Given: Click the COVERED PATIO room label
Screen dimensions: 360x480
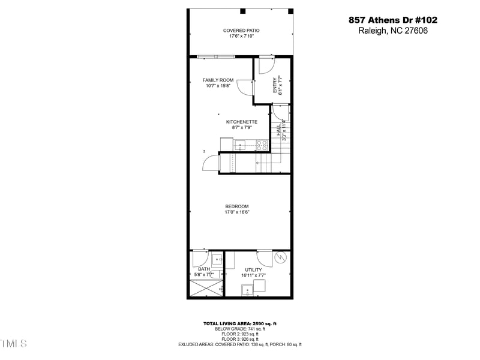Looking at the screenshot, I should coord(241,31).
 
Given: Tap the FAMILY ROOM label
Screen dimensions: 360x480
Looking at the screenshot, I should coord(218,80).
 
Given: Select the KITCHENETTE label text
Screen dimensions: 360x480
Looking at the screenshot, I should coord(242,122).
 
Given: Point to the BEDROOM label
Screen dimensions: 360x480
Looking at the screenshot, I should coord(237,206).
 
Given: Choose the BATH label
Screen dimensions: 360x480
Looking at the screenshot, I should coord(204,269).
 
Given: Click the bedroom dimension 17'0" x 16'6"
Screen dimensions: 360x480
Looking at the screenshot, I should coord(237,212).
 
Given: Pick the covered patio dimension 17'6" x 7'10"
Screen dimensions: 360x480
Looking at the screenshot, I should coord(241,36).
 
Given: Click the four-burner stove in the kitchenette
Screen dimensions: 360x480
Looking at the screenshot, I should coord(262,144).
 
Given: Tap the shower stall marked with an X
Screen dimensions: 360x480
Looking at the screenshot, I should coord(205,289).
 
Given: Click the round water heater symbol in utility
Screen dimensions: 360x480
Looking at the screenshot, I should coord(280,259).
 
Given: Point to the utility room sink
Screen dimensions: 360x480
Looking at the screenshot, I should coord(248,291).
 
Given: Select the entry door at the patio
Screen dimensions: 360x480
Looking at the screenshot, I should coord(265,65).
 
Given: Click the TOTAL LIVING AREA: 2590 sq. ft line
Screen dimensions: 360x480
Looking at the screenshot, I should coord(240,324).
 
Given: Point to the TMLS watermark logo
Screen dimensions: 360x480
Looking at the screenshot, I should coord(13,344).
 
